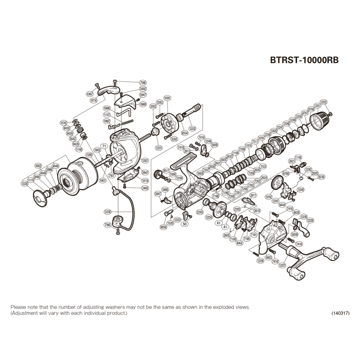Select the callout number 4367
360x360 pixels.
click(90, 94)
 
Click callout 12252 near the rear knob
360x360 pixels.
click(323, 102)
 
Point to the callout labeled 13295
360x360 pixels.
click(90, 154)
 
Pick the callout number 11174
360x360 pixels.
click(31, 180)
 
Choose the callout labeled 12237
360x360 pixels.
click(283, 265)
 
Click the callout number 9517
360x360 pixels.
click(166, 171)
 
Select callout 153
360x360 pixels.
click(263, 166)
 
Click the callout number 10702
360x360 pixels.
click(270, 196)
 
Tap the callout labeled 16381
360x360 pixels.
click(167, 98)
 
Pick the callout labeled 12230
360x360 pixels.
click(107, 211)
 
